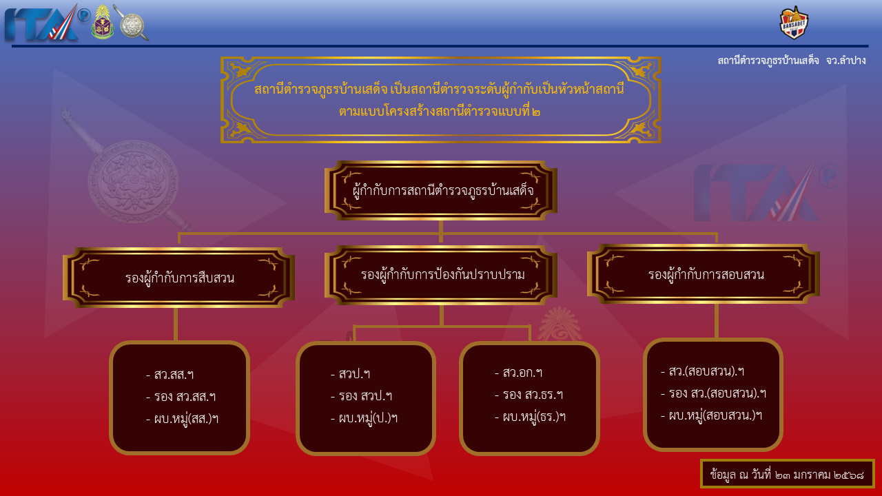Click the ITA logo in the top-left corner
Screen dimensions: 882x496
click(46, 23)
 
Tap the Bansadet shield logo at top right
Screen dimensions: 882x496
click(794, 23)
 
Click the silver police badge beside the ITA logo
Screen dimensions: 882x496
click(132, 23)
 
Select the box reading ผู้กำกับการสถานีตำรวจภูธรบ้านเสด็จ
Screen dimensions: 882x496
click(440, 191)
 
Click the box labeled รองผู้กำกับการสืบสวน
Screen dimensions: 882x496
click(178, 278)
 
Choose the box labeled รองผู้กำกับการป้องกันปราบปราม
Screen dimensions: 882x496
click(440, 275)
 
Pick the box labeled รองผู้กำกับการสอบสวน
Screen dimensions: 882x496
click(704, 274)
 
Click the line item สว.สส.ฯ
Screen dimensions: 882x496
click(170, 374)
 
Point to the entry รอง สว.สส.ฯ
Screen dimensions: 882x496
click(181, 396)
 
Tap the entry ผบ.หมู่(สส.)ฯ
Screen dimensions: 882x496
click(182, 418)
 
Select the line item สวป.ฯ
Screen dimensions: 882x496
click(351, 373)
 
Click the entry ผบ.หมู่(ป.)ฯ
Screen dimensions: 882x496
click(365, 417)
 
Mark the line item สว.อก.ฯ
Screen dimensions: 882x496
click(519, 373)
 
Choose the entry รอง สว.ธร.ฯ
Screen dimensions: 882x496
click(529, 395)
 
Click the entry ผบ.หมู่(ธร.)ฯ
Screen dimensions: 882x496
click(531, 417)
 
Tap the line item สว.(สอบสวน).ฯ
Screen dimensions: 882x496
click(703, 371)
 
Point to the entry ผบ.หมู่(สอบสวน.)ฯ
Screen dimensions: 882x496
click(712, 415)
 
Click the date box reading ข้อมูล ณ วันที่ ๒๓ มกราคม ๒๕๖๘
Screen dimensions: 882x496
click(787, 474)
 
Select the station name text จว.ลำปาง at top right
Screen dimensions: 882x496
click(845, 61)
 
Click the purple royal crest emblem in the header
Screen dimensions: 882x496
click(103, 22)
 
